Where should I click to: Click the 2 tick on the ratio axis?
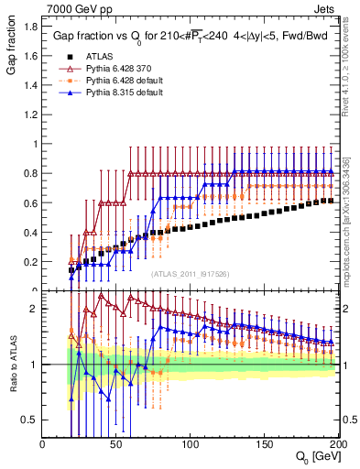click(x=34, y=309)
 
